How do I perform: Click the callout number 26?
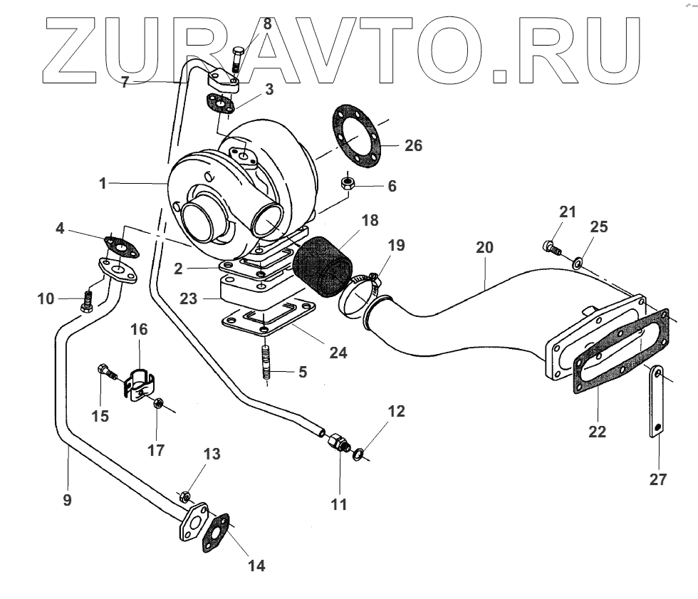click(x=413, y=146)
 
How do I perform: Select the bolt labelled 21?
click(x=553, y=247)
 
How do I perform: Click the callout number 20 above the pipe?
click(x=484, y=248)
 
